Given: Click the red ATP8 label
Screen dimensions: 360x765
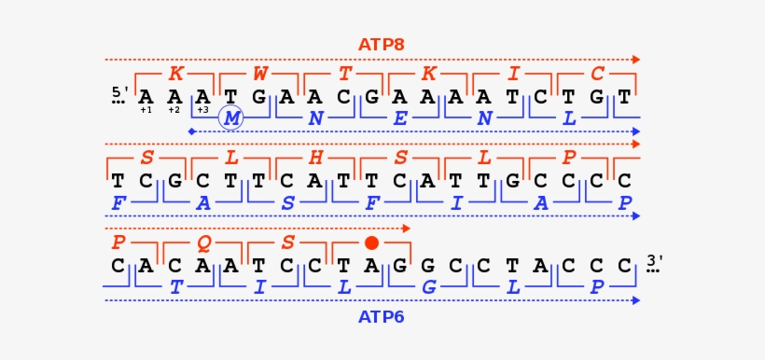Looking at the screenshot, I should click(381, 44).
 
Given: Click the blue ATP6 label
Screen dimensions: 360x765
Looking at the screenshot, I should click(381, 317).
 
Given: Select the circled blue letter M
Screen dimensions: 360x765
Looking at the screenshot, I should click(230, 118).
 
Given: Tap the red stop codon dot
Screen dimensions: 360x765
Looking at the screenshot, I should click(371, 242).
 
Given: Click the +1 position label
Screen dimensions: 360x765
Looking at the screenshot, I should click(146, 110).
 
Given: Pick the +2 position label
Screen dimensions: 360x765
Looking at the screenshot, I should click(174, 110).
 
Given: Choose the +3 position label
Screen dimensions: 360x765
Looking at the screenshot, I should click(202, 110).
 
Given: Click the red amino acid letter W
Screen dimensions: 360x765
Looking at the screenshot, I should click(260, 73).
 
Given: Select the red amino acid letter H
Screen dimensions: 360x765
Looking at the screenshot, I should click(315, 158).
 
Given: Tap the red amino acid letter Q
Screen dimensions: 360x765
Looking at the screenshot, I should click(203, 242).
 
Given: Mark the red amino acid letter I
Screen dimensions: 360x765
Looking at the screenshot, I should click(512, 73).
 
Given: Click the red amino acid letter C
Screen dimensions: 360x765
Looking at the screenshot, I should click(597, 73).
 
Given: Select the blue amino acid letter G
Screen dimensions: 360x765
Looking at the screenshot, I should click(429, 286).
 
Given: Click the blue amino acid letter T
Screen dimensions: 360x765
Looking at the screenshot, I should click(175, 286).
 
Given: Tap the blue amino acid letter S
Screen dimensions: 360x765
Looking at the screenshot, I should click(287, 201).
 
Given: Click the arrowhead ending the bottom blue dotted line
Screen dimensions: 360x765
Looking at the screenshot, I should click(636, 300).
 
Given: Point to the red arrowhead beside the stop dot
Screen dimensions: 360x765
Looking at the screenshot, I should click(407, 228).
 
